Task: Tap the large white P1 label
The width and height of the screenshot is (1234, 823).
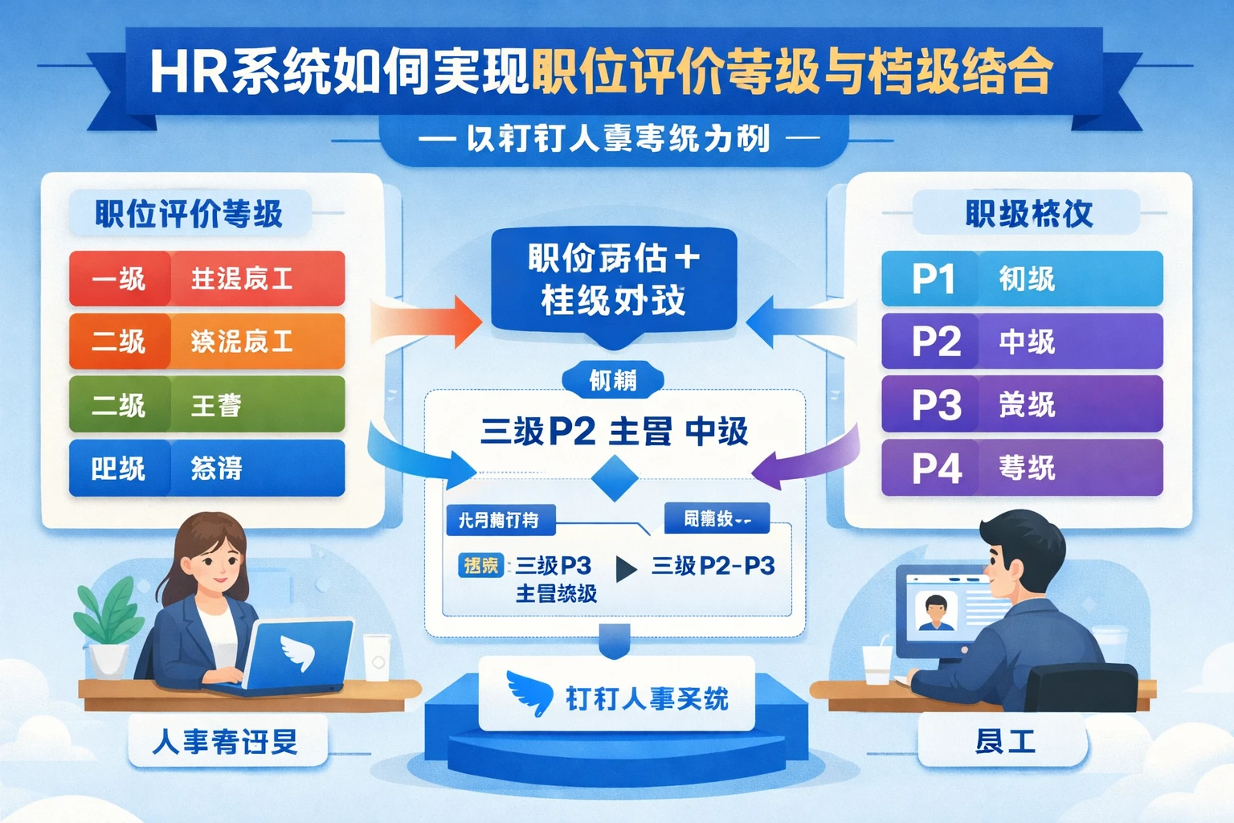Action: pos(933,279)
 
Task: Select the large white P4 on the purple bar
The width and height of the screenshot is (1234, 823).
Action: pos(936,468)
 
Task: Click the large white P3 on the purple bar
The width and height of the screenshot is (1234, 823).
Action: pos(936,404)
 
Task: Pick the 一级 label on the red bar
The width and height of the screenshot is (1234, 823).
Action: pos(119,279)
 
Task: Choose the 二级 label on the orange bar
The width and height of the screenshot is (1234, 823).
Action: pos(119,342)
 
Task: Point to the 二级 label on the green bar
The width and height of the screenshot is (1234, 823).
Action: pos(119,404)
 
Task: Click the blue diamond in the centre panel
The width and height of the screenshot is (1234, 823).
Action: pos(615,477)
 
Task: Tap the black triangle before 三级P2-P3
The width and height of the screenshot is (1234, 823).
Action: pos(626,568)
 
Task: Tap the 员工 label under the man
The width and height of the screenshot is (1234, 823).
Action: pos(1004,741)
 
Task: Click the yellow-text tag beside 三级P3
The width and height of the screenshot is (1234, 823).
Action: pos(480,565)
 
